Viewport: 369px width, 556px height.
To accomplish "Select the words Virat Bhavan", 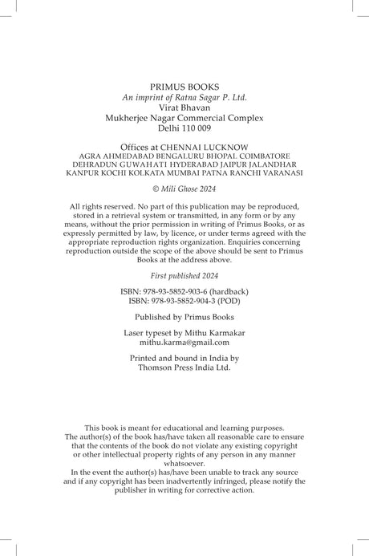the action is tap(184, 106).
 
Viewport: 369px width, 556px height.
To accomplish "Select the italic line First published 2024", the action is tap(184, 274).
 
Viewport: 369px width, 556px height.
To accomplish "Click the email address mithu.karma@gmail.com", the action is tap(184, 342).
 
